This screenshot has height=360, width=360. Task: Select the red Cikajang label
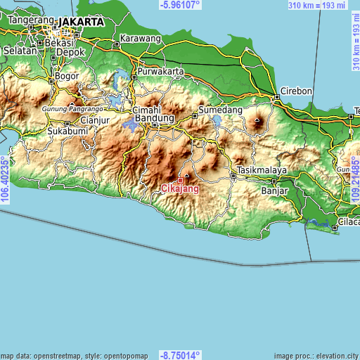point(180,188)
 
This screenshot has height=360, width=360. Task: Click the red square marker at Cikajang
point(180,180)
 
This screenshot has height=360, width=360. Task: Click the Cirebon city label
point(296,91)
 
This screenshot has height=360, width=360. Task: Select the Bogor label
point(67,75)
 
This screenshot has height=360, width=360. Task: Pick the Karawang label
point(140,38)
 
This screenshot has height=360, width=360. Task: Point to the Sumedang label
point(220,110)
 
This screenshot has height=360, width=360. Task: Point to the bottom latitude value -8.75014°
point(180,355)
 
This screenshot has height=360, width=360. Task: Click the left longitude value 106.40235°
point(5,180)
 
